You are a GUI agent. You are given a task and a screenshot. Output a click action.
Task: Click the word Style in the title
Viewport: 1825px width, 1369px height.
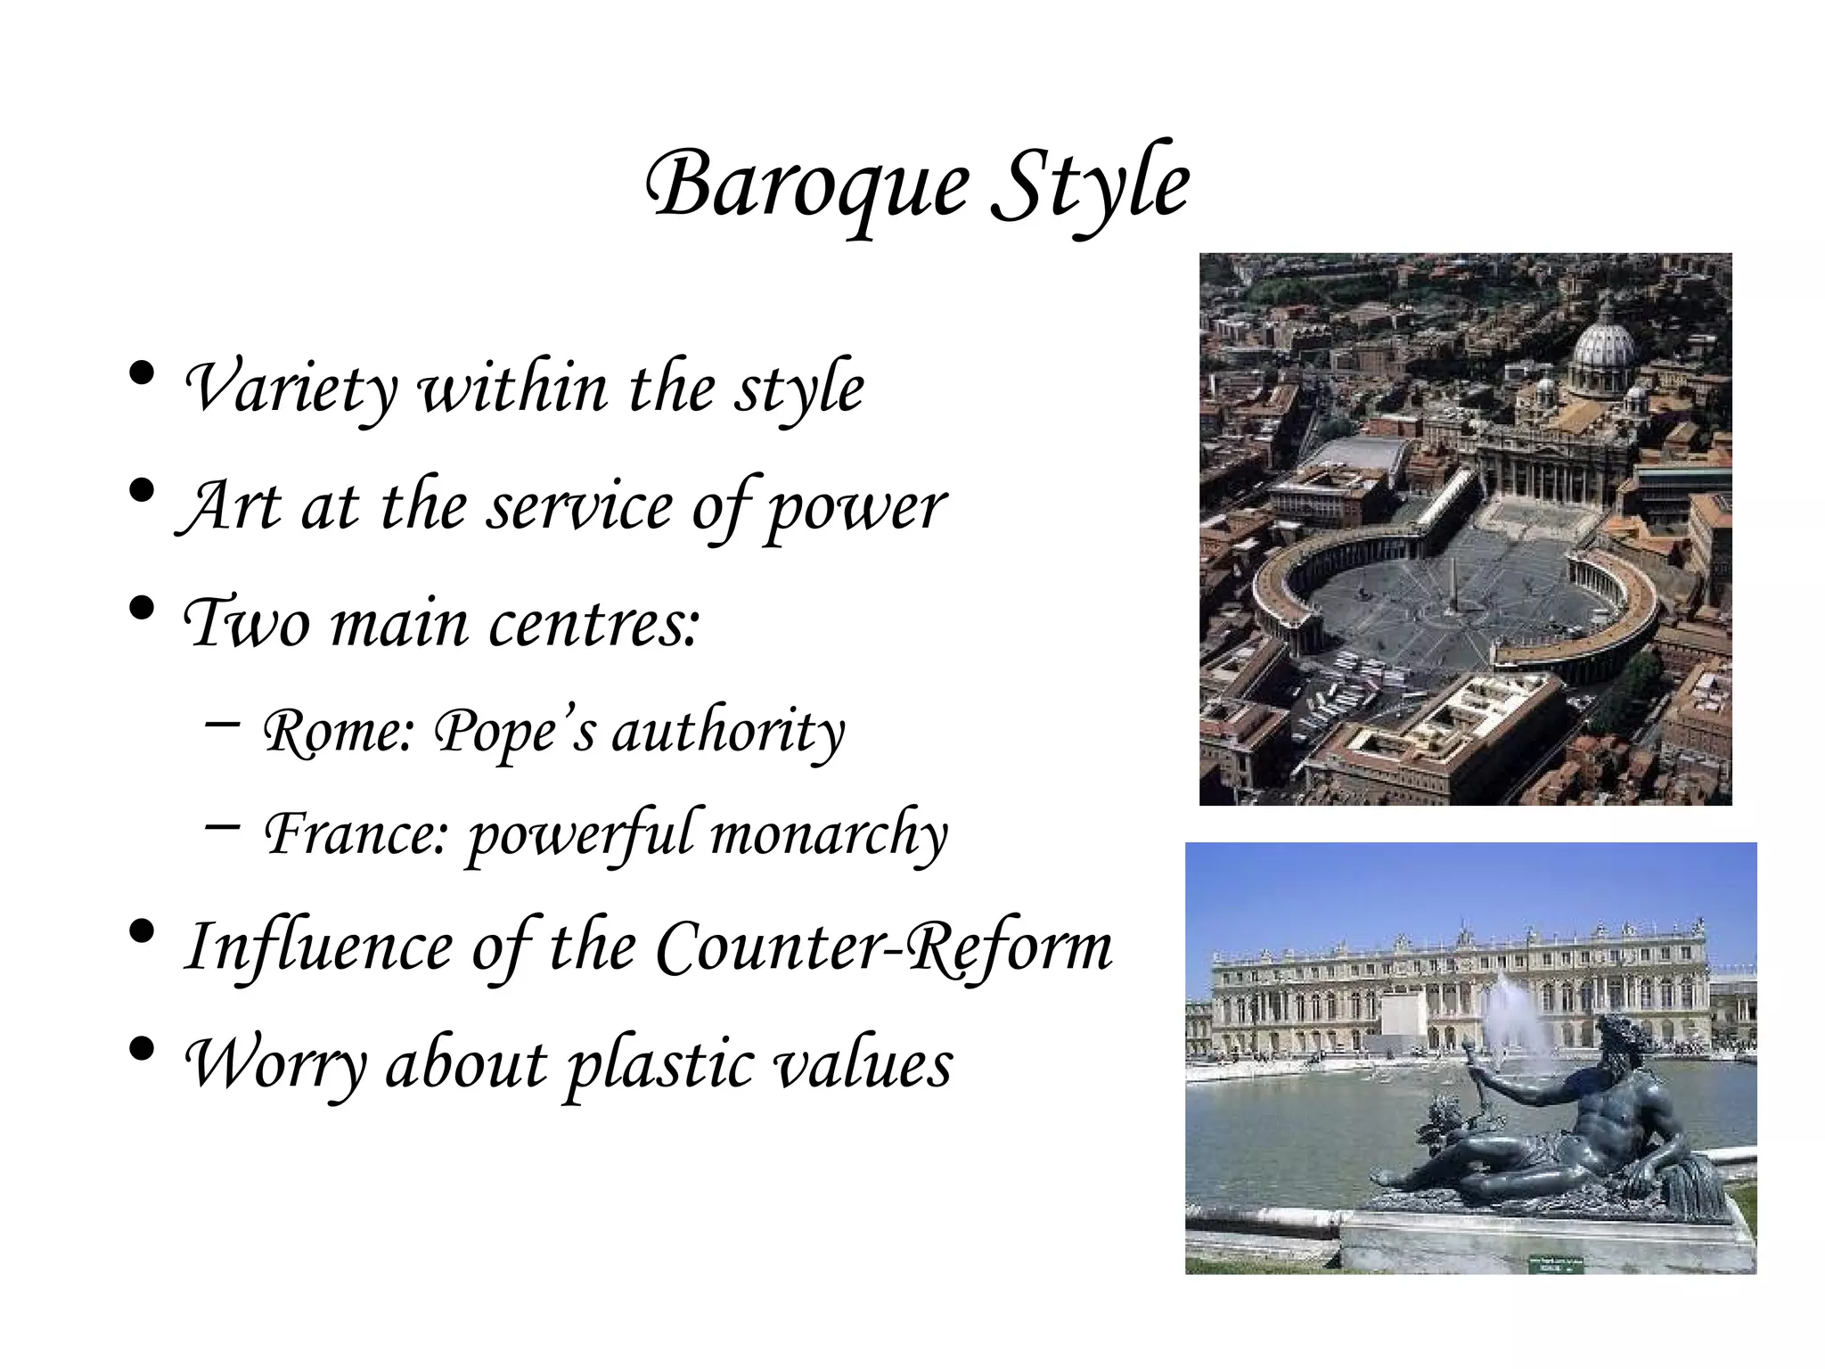coord(1090,185)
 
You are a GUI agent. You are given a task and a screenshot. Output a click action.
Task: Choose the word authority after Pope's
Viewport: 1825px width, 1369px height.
coord(727,732)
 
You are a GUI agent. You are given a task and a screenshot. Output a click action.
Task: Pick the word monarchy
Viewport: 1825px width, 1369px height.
coord(829,834)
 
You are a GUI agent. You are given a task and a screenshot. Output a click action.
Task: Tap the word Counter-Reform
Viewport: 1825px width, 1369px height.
coord(883,947)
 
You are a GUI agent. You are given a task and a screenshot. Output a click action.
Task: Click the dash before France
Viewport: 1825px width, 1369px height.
coord(221,826)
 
